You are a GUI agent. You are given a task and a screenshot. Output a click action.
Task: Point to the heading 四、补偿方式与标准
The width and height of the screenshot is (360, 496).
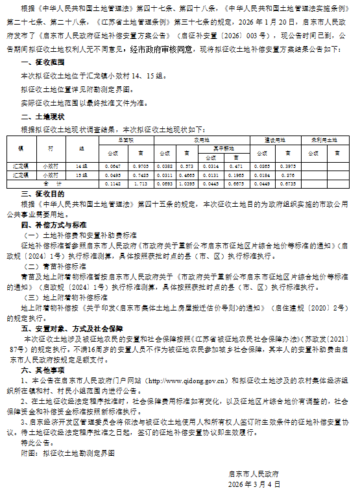51,224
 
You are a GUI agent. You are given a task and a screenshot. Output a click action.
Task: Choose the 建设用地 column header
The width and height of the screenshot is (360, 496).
270,139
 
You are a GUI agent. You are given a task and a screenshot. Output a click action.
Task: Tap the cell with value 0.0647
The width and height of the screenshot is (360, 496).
113,167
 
